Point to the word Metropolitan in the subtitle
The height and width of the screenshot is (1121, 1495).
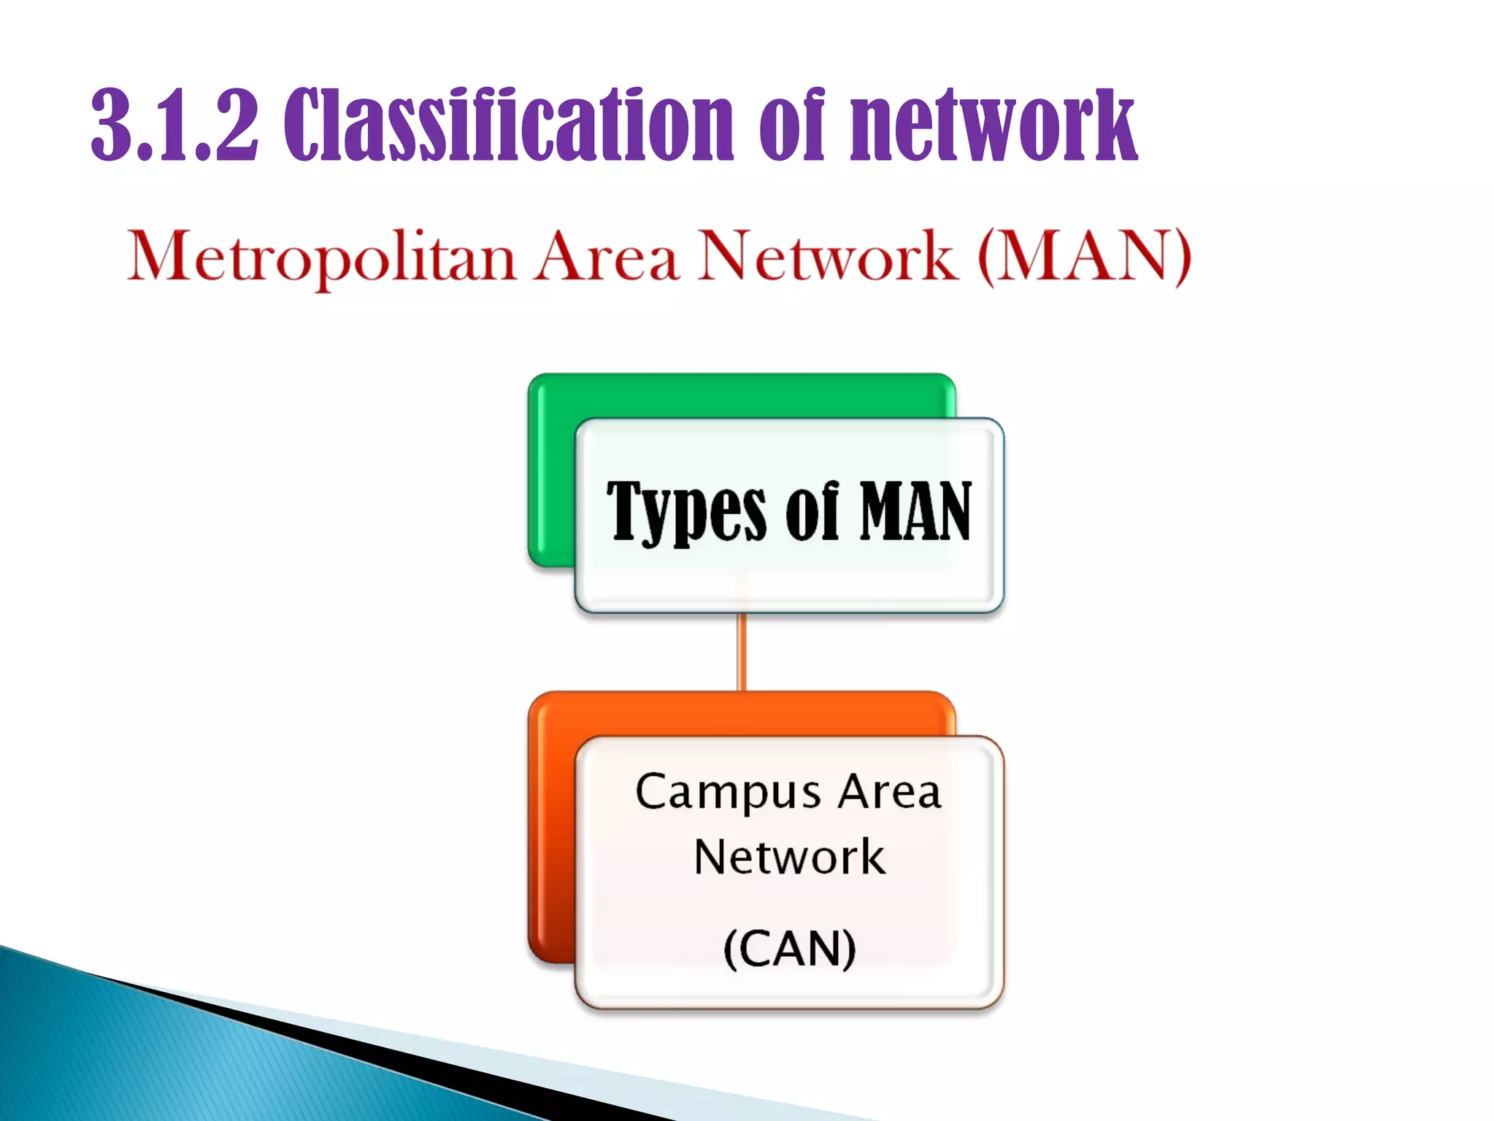pyautogui.click(x=321, y=257)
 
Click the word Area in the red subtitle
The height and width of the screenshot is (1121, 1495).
pyautogui.click(x=606, y=257)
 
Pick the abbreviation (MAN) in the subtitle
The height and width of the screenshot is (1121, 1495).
pyautogui.click(x=1085, y=257)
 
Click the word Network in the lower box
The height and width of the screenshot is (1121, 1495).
pyautogui.click(x=790, y=857)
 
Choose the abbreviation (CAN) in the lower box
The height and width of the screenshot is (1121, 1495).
pyautogui.click(x=790, y=949)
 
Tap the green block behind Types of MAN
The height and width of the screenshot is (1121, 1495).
pyautogui.click(x=552, y=474)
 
